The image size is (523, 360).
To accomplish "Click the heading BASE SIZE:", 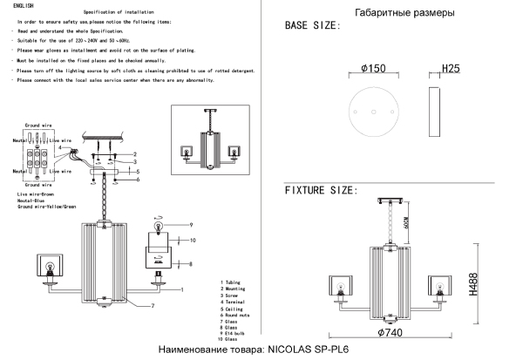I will point(313,27).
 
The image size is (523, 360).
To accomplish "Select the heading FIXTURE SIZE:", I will point(321,190).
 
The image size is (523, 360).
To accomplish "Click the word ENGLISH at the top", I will point(23,6).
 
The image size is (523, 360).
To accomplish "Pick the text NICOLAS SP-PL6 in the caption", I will point(307,350).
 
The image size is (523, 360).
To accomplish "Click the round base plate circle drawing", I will point(373,112).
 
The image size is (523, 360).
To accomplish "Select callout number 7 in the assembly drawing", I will point(152,305).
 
